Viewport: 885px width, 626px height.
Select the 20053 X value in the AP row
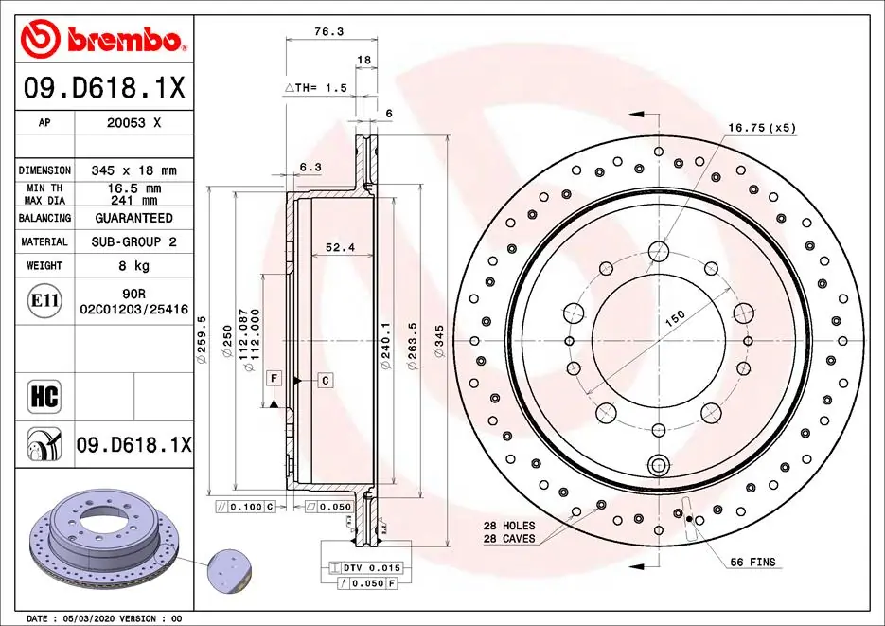(x=133, y=122)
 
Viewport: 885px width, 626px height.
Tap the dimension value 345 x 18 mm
(x=133, y=170)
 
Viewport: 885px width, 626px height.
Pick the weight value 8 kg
(x=133, y=266)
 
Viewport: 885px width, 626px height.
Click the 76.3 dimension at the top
(x=328, y=31)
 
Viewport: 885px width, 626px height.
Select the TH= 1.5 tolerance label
(x=317, y=87)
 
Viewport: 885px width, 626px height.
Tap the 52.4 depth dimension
(x=339, y=247)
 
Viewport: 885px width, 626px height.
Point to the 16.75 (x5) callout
(x=761, y=127)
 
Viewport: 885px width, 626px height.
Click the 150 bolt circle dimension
(x=675, y=319)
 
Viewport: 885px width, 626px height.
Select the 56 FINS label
(x=752, y=563)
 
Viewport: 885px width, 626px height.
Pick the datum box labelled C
(x=325, y=380)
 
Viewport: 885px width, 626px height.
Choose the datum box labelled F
(x=274, y=379)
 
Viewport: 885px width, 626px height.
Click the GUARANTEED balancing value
(x=133, y=218)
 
